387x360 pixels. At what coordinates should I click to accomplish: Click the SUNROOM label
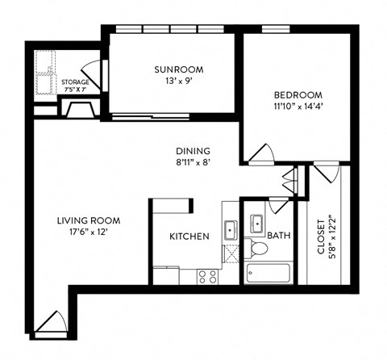[x=173, y=70]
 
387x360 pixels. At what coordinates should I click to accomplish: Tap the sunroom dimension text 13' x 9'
[x=173, y=82]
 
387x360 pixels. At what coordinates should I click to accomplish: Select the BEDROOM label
[x=297, y=93]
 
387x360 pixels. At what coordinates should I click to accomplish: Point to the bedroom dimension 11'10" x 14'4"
[x=297, y=105]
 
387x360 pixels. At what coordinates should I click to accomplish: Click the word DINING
[x=193, y=151]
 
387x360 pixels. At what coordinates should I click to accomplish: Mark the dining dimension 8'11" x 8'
[x=193, y=162]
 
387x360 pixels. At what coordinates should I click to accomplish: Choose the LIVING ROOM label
[x=88, y=220]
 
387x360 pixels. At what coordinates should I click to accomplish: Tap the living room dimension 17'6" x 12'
[x=88, y=232]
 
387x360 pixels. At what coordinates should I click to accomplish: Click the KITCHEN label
[x=189, y=237]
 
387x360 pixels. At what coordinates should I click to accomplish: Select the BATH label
[x=278, y=237]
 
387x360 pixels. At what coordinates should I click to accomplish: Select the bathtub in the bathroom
[x=268, y=273]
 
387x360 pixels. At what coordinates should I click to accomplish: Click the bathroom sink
[x=258, y=222]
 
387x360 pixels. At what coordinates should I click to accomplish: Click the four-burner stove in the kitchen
[x=207, y=276]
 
